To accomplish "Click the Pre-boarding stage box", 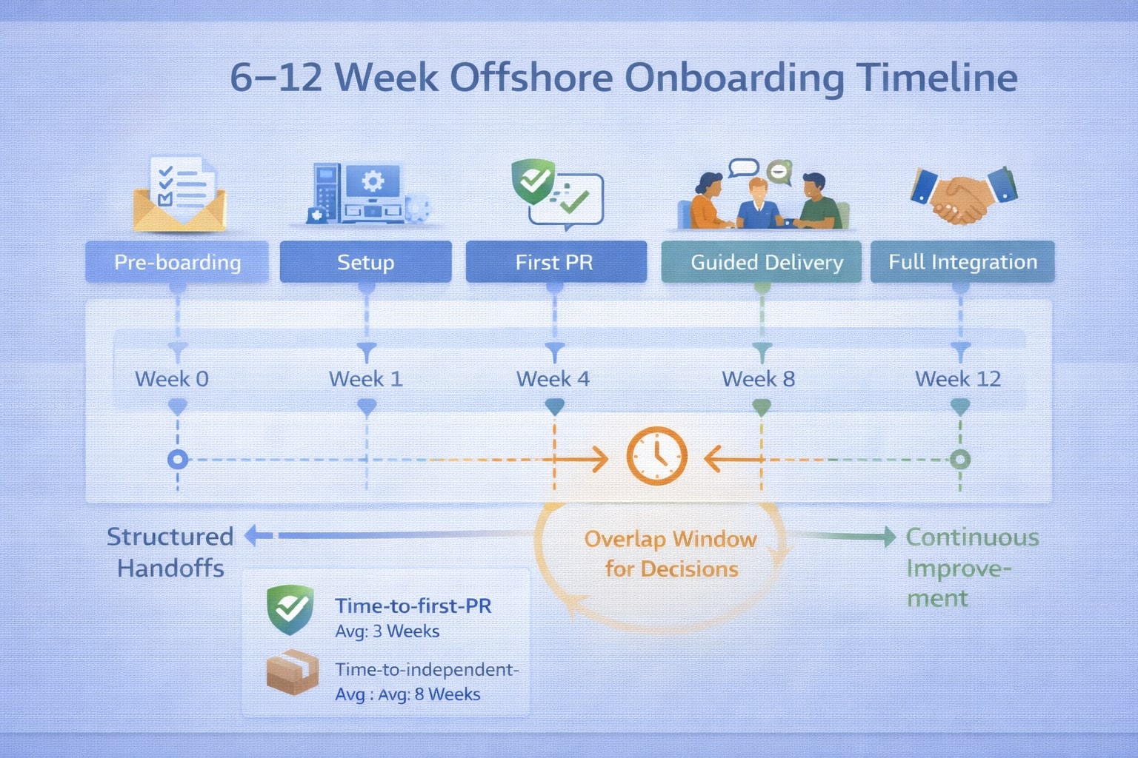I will click(x=177, y=262).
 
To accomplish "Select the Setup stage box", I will click(x=365, y=262).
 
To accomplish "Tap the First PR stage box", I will click(x=555, y=262).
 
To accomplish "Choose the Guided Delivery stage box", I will click(x=762, y=262).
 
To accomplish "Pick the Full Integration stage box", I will click(x=962, y=262).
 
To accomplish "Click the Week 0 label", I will click(x=172, y=379).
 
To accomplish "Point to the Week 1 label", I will click(x=366, y=379).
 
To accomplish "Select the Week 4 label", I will click(x=553, y=379).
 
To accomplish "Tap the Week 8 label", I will click(x=759, y=379).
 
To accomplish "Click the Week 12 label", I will click(x=958, y=379).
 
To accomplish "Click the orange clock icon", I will click(x=657, y=456).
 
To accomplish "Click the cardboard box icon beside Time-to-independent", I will click(x=292, y=671).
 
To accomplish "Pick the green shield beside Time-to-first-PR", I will click(x=290, y=609).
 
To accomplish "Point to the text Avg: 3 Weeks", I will click(x=387, y=631).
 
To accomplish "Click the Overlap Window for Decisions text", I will click(x=671, y=554).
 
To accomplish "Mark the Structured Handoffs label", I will click(x=170, y=552).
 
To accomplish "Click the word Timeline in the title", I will click(x=936, y=78).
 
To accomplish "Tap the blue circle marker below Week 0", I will click(x=177, y=460).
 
